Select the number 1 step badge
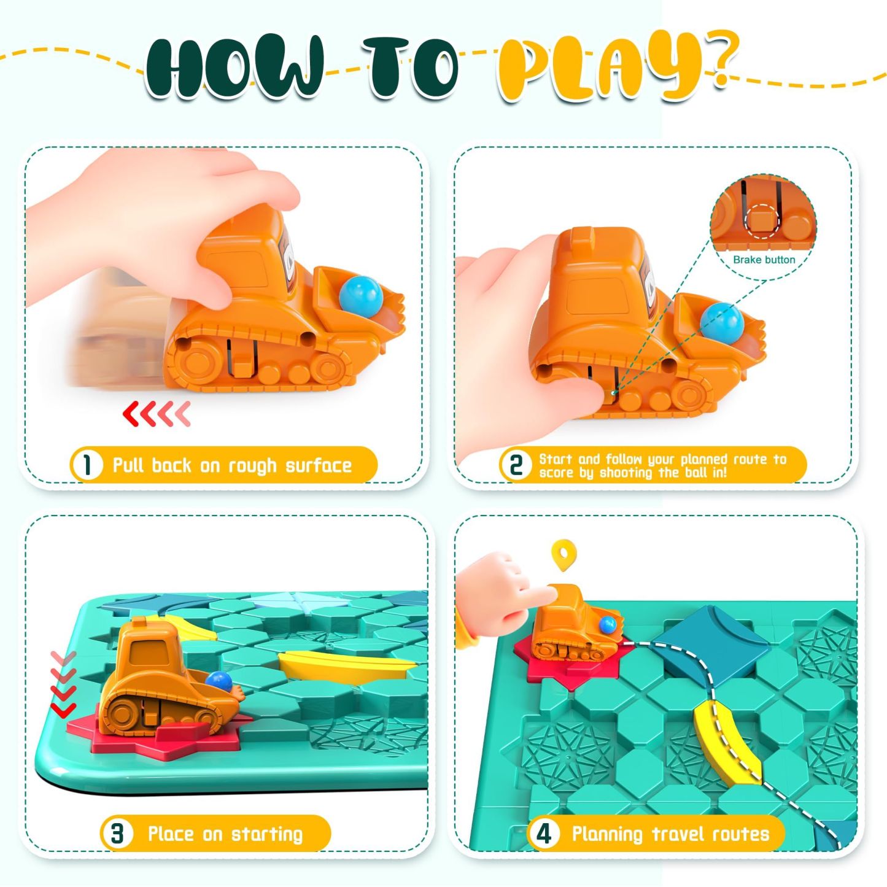tap(87, 465)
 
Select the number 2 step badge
tap(516, 465)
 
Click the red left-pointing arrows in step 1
tap(157, 413)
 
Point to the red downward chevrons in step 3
tap(63, 684)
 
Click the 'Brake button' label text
tap(764, 260)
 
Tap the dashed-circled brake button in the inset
tap(762, 221)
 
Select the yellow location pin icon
tap(564, 554)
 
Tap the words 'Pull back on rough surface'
tap(233, 465)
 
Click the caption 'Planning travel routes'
tap(671, 834)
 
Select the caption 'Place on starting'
tap(225, 834)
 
